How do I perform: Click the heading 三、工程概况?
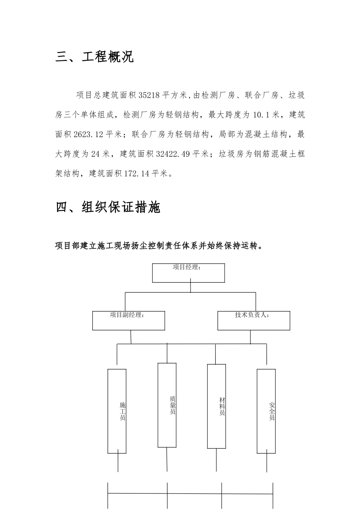pyautogui.click(x=95, y=57)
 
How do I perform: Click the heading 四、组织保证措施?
pyautogui.click(x=108, y=207)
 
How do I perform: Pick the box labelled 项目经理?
pyautogui.click(x=188, y=273)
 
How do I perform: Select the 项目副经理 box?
pyautogui.click(x=128, y=320)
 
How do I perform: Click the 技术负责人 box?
pyautogui.click(x=254, y=320)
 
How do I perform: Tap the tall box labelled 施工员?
pyautogui.click(x=117, y=411)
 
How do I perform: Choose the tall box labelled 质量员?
pyautogui.click(x=167, y=405)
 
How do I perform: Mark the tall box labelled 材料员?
pyautogui.click(x=216, y=406)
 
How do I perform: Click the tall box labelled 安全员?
pyautogui.click(x=266, y=411)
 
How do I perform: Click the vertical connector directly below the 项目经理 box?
pyautogui.click(x=191, y=287)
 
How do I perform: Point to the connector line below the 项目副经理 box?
pyautogui.click(x=131, y=337)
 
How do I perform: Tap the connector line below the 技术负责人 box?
pyautogui.click(x=250, y=337)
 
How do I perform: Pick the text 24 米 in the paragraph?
pyautogui.click(x=100, y=154)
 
